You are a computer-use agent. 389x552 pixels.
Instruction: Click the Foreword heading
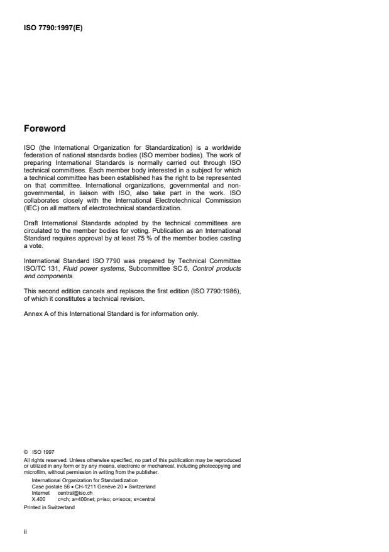tap(44, 128)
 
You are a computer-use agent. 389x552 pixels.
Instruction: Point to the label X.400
tap(38, 498)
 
